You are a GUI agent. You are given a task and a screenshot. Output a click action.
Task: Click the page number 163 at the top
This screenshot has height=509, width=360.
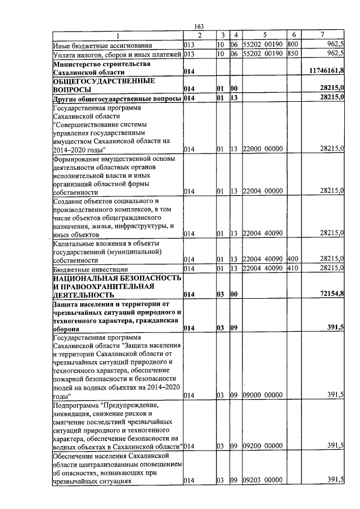198,26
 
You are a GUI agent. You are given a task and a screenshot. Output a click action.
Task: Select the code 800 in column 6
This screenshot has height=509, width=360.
292,44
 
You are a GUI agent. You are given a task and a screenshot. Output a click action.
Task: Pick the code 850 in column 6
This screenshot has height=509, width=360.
292,54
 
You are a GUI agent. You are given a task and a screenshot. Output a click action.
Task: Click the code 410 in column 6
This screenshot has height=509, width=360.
292,268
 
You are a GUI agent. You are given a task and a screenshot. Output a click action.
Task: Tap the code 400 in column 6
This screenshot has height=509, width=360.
292,259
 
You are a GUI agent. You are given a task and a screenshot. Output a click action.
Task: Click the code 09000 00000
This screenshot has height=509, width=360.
262,395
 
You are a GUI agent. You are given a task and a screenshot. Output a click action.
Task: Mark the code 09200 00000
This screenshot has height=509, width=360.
262,445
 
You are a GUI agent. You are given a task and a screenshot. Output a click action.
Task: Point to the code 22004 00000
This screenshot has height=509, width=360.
262,191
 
